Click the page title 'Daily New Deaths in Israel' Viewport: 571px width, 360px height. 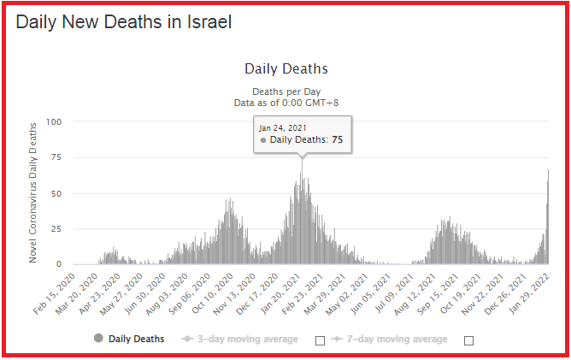123,21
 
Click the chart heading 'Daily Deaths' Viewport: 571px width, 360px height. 285,68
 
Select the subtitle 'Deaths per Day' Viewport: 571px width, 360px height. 285,91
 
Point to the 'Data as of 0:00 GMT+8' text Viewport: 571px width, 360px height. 285,103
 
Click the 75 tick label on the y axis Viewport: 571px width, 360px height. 56,157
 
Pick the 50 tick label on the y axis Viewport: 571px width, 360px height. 56,193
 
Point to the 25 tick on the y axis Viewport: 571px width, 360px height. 56,229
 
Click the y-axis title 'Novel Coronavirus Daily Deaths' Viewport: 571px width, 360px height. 34,193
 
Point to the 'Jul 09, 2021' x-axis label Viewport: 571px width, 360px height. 406,292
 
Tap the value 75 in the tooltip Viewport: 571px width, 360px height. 337,139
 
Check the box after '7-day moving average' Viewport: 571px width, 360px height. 468,340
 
